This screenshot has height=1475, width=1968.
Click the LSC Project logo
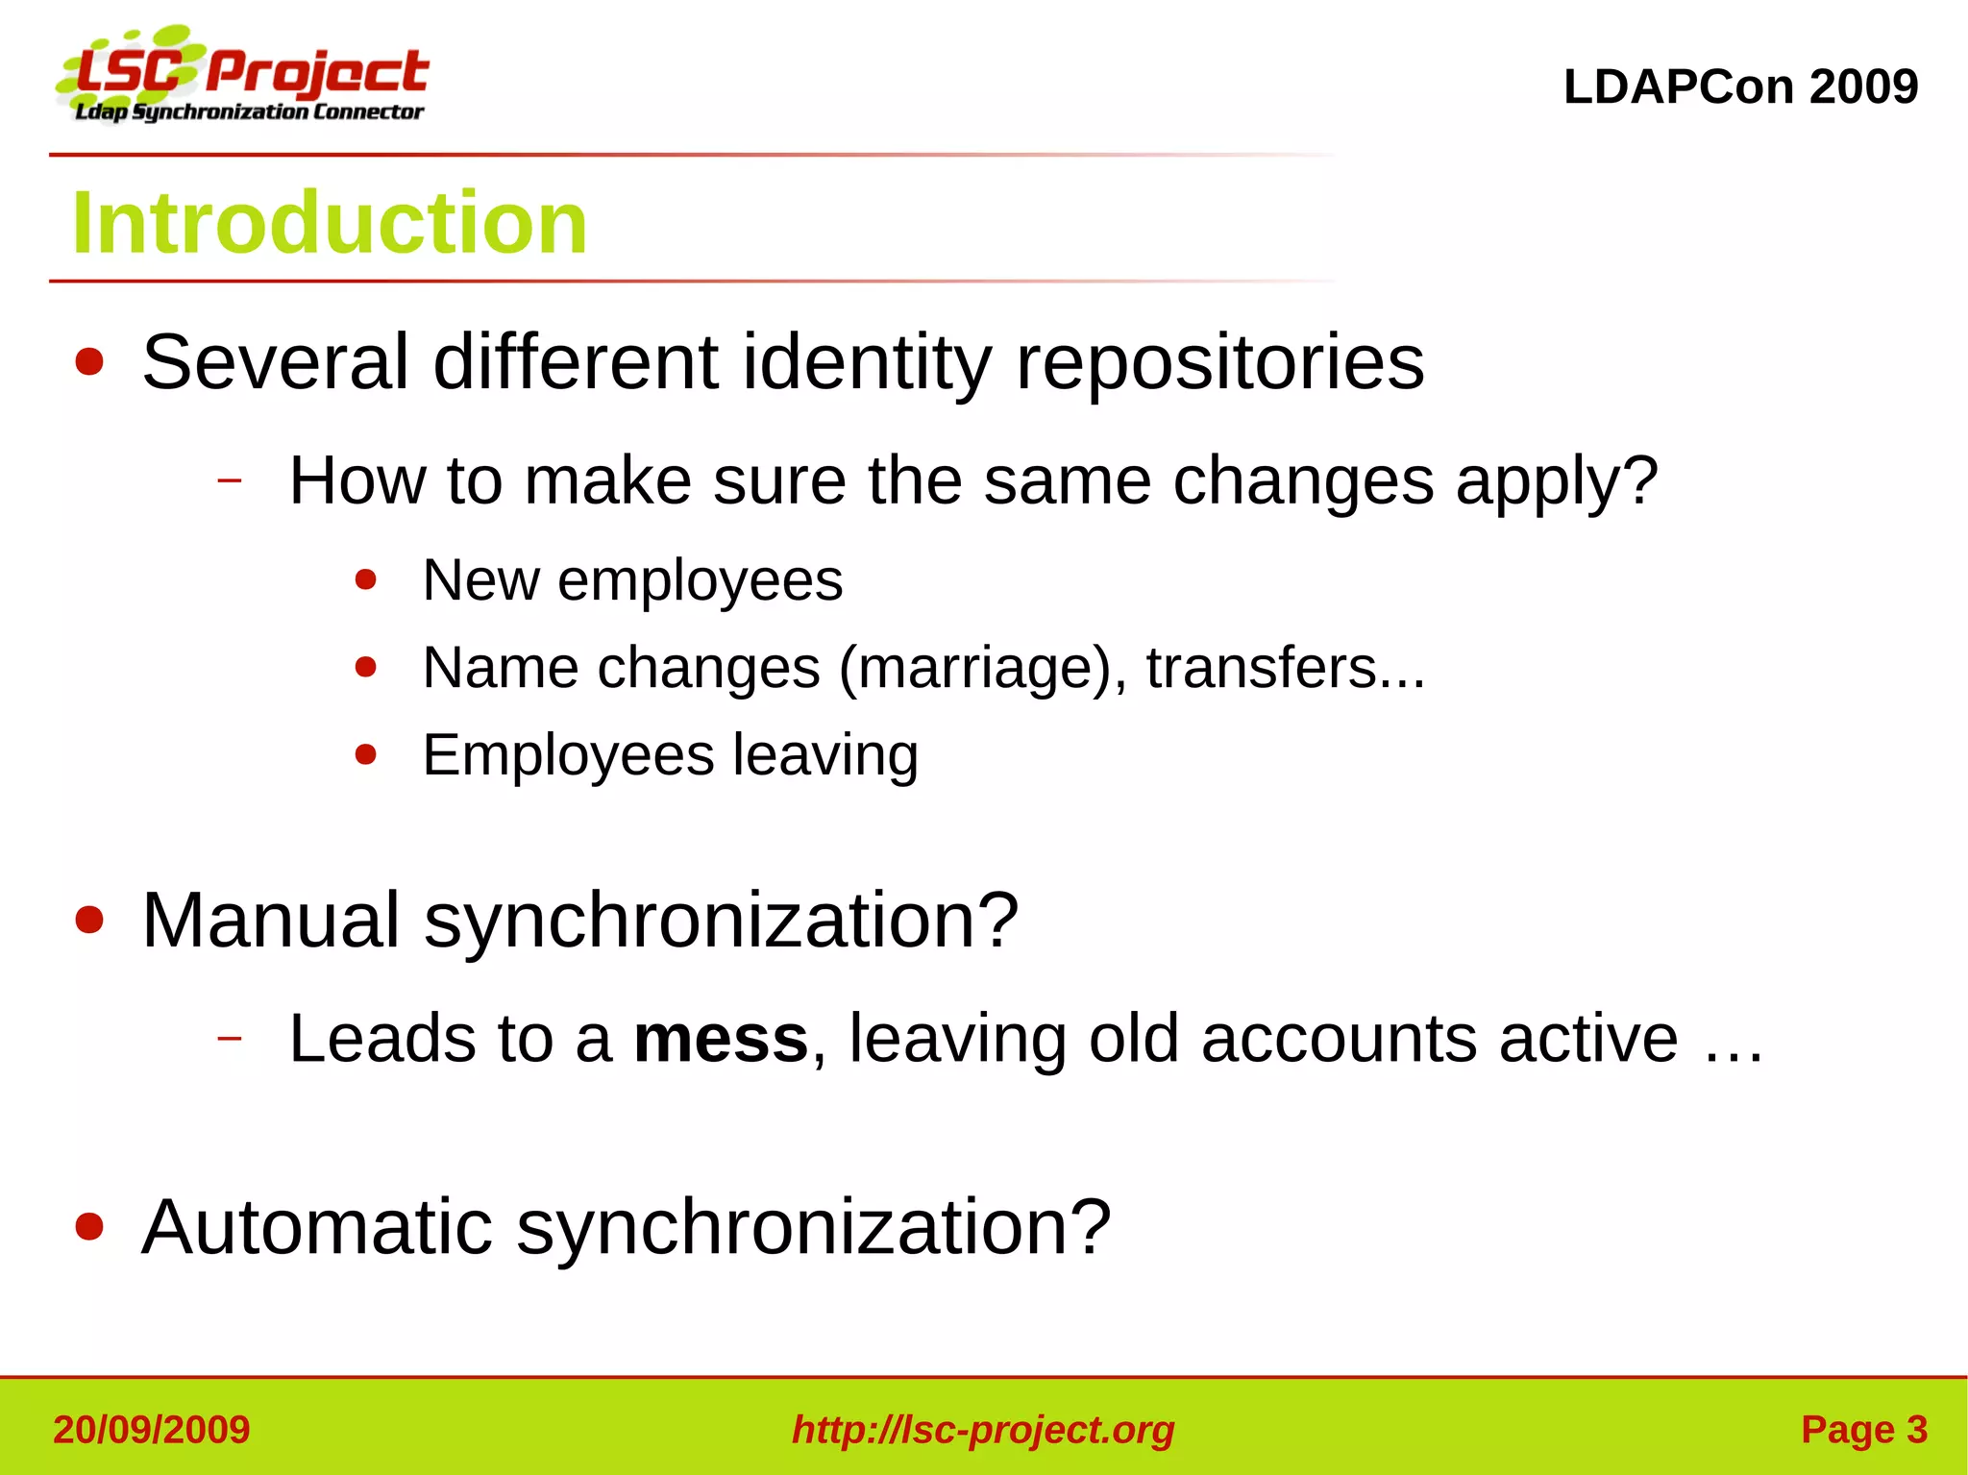click(x=242, y=77)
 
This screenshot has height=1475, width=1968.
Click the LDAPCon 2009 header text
click(x=1740, y=86)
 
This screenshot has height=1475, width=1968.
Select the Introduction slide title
click(x=330, y=223)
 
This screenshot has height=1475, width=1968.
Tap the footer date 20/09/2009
click(x=152, y=1430)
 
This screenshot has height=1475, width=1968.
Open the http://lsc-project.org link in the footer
click(x=983, y=1430)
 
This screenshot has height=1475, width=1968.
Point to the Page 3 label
click(x=1863, y=1430)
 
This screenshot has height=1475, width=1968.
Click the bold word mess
click(x=721, y=1039)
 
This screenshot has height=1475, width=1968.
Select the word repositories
click(x=1219, y=362)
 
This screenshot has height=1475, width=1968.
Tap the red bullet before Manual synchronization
click(x=89, y=921)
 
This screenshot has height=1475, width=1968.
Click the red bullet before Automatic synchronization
click(x=89, y=1227)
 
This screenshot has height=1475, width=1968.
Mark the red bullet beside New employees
click(x=365, y=579)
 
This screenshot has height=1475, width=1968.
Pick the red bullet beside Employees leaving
click(x=365, y=754)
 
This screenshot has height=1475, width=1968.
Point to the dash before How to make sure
click(x=229, y=479)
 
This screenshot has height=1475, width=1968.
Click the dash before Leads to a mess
click(x=229, y=1038)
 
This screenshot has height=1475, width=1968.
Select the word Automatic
click(x=317, y=1227)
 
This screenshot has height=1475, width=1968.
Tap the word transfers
click(x=1262, y=668)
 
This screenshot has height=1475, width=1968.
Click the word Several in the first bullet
click(x=276, y=362)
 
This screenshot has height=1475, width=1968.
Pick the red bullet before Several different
click(x=89, y=362)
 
